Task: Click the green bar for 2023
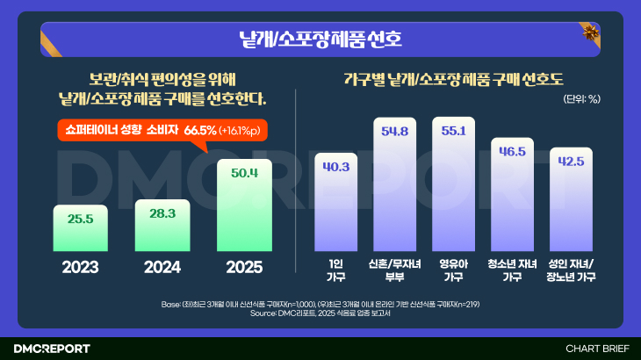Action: (x=80, y=228)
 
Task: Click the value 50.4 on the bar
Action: (x=244, y=173)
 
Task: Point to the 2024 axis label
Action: (x=162, y=267)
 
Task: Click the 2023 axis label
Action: (x=80, y=267)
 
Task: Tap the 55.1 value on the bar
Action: (x=453, y=131)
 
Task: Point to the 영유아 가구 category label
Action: (x=453, y=270)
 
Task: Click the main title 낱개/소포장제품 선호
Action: (x=320, y=39)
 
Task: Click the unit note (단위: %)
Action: (x=581, y=98)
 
